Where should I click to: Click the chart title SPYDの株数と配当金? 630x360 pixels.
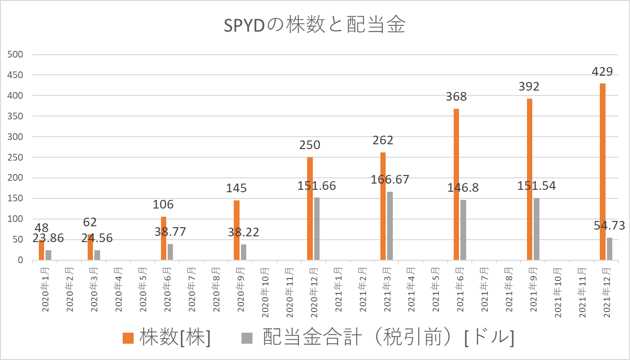click(x=314, y=25)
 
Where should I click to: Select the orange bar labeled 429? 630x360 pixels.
click(x=602, y=172)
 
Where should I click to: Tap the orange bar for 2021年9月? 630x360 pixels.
click(x=529, y=179)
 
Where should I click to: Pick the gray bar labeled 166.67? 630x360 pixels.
click(x=390, y=226)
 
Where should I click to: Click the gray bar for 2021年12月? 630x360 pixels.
click(x=609, y=249)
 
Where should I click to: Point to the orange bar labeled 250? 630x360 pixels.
click(x=309, y=209)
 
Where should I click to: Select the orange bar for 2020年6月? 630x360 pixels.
click(x=163, y=238)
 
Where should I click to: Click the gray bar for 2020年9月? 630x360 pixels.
click(x=243, y=252)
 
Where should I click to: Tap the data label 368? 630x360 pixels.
click(x=456, y=96)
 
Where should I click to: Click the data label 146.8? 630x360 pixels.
click(x=463, y=188)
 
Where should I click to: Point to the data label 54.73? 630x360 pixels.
click(x=609, y=225)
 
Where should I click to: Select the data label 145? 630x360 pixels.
click(x=236, y=188)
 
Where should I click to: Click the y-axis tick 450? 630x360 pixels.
click(x=15, y=75)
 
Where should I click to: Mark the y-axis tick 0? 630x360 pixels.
click(x=20, y=260)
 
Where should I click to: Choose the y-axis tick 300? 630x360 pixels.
click(x=15, y=137)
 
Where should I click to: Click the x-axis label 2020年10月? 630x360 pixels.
click(x=265, y=292)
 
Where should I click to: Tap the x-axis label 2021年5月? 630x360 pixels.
click(x=436, y=290)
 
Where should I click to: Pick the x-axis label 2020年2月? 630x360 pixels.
click(x=69, y=290)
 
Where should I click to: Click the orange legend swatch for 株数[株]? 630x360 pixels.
click(x=128, y=338)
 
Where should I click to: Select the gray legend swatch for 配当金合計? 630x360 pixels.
click(x=247, y=338)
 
